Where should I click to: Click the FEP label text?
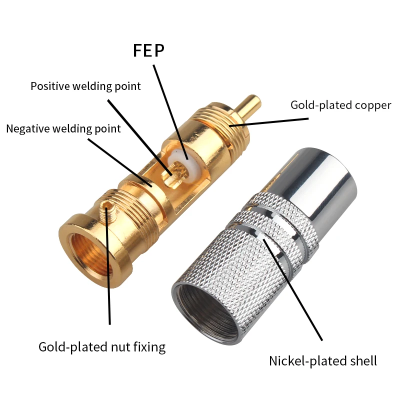[x=148, y=50]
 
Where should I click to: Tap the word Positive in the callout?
[x=50, y=86]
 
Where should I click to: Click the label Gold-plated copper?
[x=340, y=105]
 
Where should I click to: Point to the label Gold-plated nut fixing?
[x=102, y=346]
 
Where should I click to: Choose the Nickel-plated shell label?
[x=323, y=360]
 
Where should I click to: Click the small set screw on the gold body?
[x=107, y=204]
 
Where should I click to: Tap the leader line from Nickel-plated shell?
[x=295, y=290]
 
